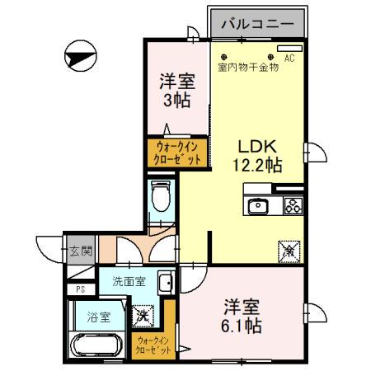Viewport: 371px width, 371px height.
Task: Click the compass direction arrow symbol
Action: (79, 58)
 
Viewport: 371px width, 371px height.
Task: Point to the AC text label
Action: (289, 59)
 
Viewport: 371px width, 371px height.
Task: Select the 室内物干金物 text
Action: (248, 68)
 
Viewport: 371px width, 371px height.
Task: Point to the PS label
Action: (80, 289)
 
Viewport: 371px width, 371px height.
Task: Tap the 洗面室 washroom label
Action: (129, 281)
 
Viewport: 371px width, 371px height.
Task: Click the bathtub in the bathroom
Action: (97, 345)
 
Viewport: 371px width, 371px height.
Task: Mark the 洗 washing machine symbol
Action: (142, 314)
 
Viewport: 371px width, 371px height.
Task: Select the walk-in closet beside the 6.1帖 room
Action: (154, 344)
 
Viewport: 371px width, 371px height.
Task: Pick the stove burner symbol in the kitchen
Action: (294, 206)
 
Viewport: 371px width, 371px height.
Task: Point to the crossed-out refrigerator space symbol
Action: (289, 247)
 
